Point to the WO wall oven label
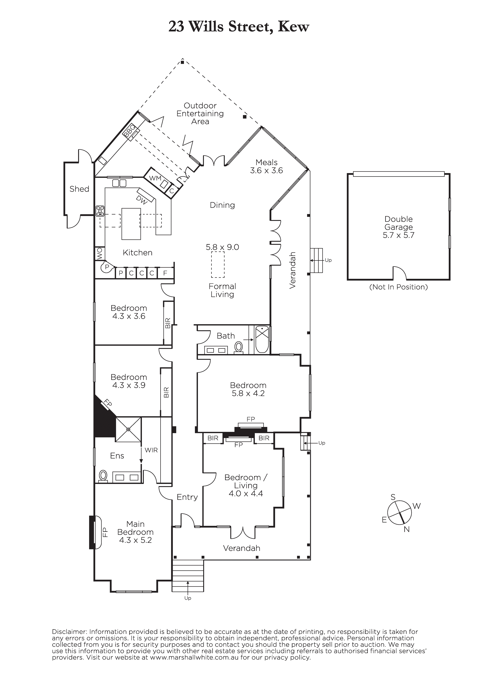[x=100, y=253]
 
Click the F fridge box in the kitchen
[x=165, y=273]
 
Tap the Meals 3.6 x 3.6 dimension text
[x=266, y=170]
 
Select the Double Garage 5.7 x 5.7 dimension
[x=399, y=235]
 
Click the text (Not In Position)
[x=399, y=287]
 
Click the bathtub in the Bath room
[x=262, y=339]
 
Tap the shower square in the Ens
[x=128, y=429]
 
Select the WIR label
[x=151, y=450]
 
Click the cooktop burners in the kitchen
[x=100, y=211]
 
